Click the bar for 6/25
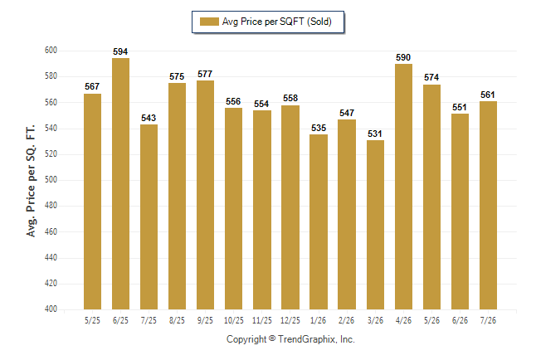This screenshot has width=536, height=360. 120,183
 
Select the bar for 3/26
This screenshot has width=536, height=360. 375,225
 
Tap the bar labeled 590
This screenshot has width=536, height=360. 404,187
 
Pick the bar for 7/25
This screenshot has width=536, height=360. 149,216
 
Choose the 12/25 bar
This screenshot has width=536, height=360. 290,207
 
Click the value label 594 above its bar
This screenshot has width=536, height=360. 120,51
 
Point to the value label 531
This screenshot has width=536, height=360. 375,134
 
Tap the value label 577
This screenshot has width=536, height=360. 205,74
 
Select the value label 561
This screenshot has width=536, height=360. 488,95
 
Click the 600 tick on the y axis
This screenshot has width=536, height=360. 51,51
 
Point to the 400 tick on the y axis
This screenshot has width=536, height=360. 51,309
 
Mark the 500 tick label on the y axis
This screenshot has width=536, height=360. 51,179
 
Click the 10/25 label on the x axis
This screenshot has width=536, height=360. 234,320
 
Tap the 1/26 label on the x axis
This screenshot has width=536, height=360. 319,320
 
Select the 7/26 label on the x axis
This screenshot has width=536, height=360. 488,320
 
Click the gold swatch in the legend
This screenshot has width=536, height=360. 209,22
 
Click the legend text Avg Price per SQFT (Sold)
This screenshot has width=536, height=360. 277,22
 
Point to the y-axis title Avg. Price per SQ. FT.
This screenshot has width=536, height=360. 31,181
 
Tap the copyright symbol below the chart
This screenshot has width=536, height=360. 272,338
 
